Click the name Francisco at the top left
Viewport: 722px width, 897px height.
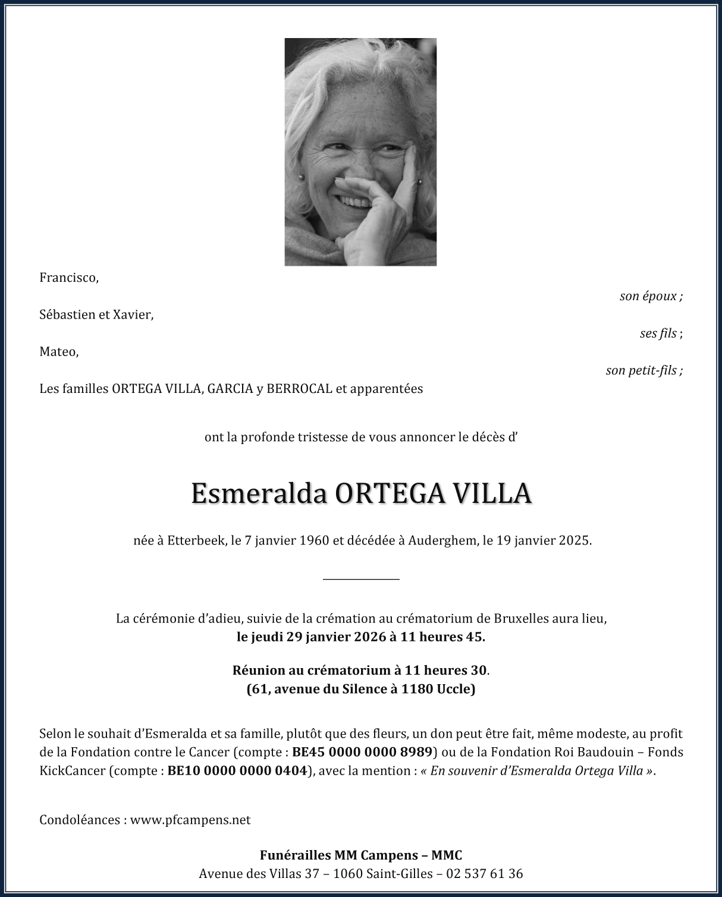tap(68, 278)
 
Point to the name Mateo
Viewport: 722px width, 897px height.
tap(58, 351)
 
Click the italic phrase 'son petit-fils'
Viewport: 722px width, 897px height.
tap(641, 370)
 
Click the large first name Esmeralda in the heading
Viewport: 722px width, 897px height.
tap(260, 493)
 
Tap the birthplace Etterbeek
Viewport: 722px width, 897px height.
tap(196, 540)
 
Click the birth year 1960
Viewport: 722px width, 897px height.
tap(315, 540)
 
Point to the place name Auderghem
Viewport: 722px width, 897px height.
tap(442, 540)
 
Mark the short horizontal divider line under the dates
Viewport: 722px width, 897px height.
tap(361, 578)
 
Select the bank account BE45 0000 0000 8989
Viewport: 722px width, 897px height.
tap(362, 751)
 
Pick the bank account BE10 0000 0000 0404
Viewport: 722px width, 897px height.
tap(237, 770)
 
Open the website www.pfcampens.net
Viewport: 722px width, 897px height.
tap(190, 820)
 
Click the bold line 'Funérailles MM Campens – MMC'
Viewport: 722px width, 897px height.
tap(361, 855)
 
